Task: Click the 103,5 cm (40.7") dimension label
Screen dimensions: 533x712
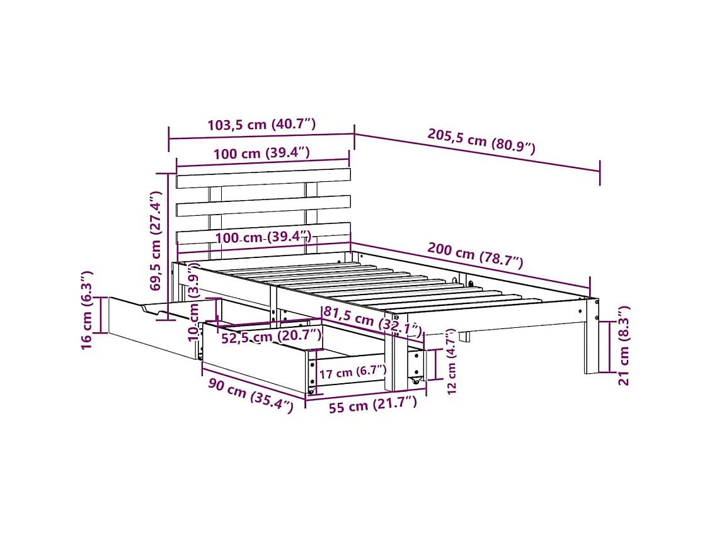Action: point(261,124)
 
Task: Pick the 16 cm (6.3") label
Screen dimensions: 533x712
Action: point(88,310)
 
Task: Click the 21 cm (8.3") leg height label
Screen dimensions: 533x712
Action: point(623,345)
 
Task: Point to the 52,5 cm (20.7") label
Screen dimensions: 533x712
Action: point(272,338)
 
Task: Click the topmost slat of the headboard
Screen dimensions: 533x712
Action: point(263,177)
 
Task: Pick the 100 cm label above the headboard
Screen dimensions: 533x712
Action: point(261,153)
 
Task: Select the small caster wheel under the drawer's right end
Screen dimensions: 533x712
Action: point(415,381)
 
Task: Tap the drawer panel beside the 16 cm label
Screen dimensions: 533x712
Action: point(151,327)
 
